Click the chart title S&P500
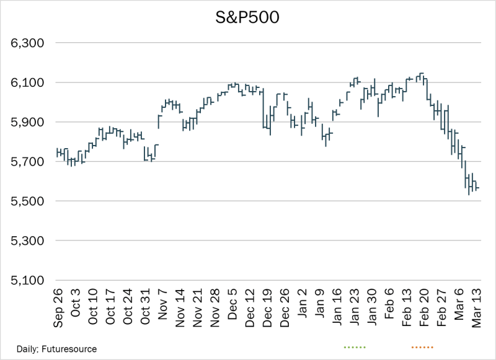coord(248,17)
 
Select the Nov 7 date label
coord(164,307)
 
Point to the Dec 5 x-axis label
coord(233,307)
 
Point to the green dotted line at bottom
coord(354,347)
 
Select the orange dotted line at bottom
coord(422,347)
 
